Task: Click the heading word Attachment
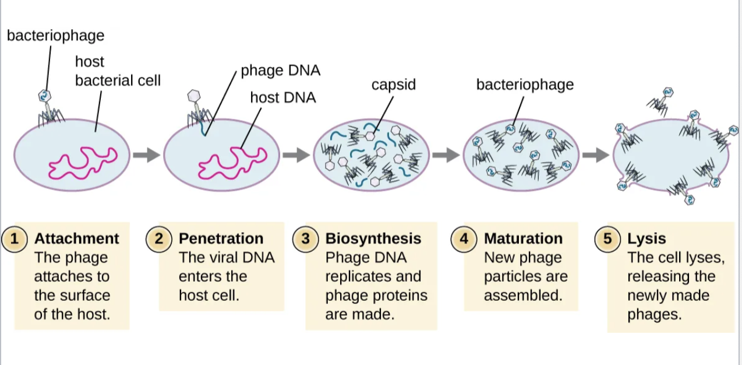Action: click(x=76, y=238)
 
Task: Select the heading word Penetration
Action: click(x=221, y=238)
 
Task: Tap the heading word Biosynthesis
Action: click(x=373, y=238)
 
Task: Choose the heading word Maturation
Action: click(x=523, y=238)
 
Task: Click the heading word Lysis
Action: click(x=646, y=238)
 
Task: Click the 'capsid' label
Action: click(x=394, y=85)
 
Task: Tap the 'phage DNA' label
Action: click(x=280, y=71)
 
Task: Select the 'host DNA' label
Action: click(x=283, y=97)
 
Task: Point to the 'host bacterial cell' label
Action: click(x=117, y=71)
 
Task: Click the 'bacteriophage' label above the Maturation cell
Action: click(x=525, y=85)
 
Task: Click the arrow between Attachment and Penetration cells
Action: click(x=146, y=155)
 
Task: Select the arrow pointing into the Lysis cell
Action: click(x=596, y=155)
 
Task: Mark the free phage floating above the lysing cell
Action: click(x=662, y=100)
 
